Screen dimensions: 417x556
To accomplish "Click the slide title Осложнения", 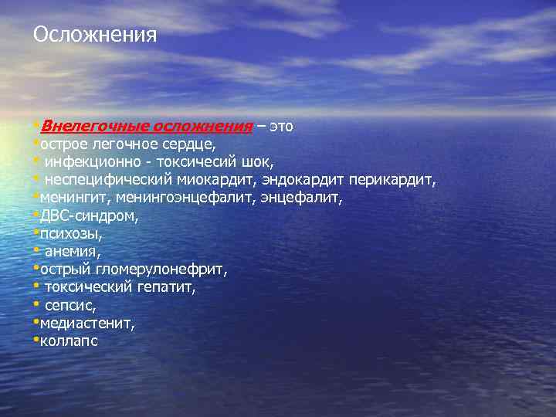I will click(95, 35).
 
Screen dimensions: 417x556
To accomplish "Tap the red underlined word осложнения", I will click(202, 126).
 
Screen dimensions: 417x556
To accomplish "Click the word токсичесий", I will click(197, 161).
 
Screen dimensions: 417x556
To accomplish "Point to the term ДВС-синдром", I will click(90, 216).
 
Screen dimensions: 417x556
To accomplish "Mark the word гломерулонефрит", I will click(161, 270).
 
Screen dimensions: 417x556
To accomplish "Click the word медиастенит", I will click(87, 324).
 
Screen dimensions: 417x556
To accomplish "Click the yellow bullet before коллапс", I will click(36, 339).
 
